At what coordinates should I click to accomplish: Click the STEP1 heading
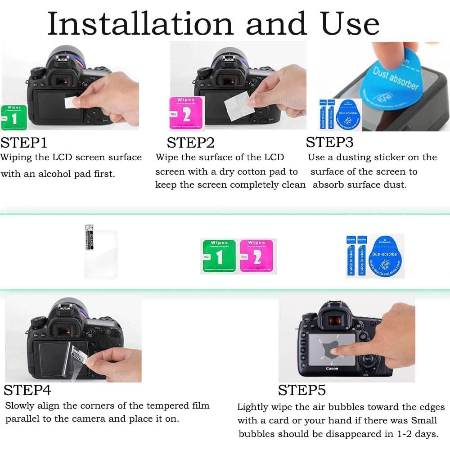coord(24,143)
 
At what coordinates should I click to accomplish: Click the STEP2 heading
coord(190,143)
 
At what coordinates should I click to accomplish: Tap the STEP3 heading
coord(330,142)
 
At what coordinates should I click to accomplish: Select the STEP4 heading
coord(27,390)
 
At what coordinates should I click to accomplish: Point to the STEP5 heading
coord(302,390)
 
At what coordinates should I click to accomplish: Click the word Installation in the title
coord(139,23)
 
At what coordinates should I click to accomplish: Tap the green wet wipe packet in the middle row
coord(218,256)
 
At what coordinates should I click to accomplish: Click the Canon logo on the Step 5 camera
coord(332,369)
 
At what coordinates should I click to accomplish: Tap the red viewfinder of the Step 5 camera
coord(334,320)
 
